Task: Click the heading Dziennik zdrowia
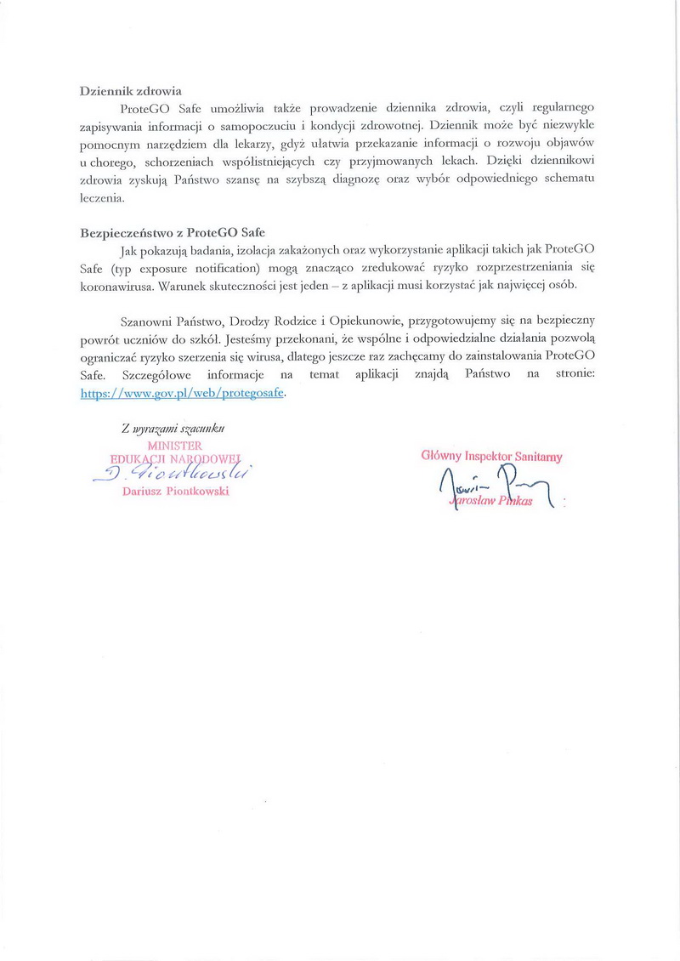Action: tap(131, 91)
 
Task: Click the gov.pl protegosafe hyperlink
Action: tap(183, 394)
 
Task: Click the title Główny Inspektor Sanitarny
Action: tap(491, 456)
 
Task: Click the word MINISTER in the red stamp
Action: tap(174, 444)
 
